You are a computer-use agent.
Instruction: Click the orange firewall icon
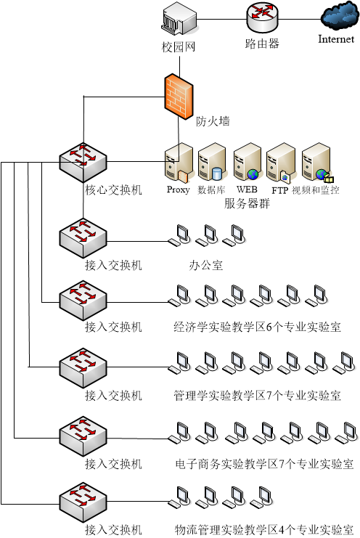[x=179, y=97]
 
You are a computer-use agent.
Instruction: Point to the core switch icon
[x=83, y=163]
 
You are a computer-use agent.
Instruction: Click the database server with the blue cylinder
[x=212, y=163]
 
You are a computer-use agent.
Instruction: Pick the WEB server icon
[x=247, y=163]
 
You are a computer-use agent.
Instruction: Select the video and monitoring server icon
[x=317, y=163]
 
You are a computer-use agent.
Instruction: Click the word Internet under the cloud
[x=336, y=39]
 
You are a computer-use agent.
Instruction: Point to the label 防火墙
[x=213, y=121]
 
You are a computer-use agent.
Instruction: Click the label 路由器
[x=262, y=44]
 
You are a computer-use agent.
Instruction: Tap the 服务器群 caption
[x=247, y=203]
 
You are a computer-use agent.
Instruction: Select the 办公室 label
[x=206, y=265]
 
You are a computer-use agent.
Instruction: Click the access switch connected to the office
[x=83, y=238]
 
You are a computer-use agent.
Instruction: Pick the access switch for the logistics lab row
[x=83, y=502]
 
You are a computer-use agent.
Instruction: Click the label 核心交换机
[x=113, y=189]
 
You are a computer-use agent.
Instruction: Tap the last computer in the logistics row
[x=261, y=497]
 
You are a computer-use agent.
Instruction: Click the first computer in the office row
[x=179, y=235]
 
